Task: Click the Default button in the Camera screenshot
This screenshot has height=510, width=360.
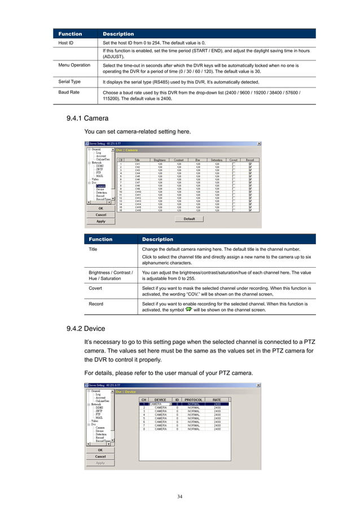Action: (x=189, y=219)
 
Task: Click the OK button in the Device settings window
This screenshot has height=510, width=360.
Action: (x=100, y=450)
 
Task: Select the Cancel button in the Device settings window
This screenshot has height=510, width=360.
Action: (x=100, y=456)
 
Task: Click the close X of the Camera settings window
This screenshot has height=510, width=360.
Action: (x=259, y=143)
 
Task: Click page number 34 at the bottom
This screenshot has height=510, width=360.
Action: (x=179, y=496)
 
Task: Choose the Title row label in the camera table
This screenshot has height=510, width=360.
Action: (x=93, y=249)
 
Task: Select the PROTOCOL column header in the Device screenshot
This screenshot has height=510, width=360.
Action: (x=194, y=399)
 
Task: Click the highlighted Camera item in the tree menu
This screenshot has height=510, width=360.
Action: (x=100, y=185)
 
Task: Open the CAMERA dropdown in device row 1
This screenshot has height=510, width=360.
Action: (x=170, y=404)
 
